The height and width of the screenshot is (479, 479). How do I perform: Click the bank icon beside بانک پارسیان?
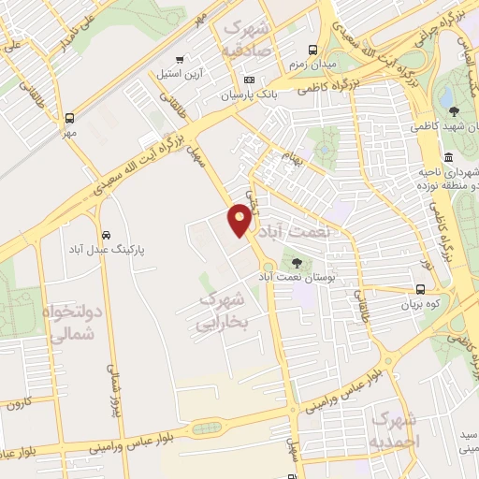[248, 80]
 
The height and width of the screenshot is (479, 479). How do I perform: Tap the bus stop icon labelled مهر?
[70, 119]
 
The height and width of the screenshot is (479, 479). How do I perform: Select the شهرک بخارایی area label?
[222, 312]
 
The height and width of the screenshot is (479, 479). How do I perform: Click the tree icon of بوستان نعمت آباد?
[298, 265]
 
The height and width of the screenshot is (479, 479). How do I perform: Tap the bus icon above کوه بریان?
[421, 290]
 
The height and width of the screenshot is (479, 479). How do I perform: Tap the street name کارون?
[18, 404]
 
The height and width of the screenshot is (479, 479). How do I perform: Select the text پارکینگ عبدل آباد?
[105, 250]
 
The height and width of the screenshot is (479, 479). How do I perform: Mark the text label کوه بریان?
[420, 305]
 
